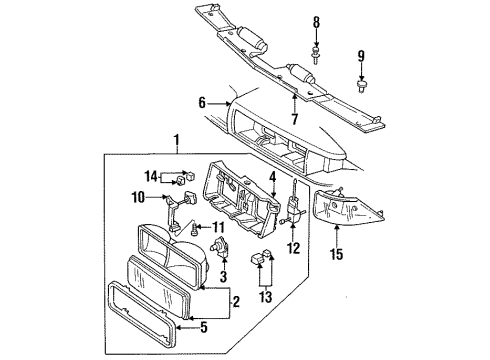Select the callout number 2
(x=236, y=299)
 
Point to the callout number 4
(x=271, y=179)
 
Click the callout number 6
(x=201, y=101)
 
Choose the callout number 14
(x=151, y=177)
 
